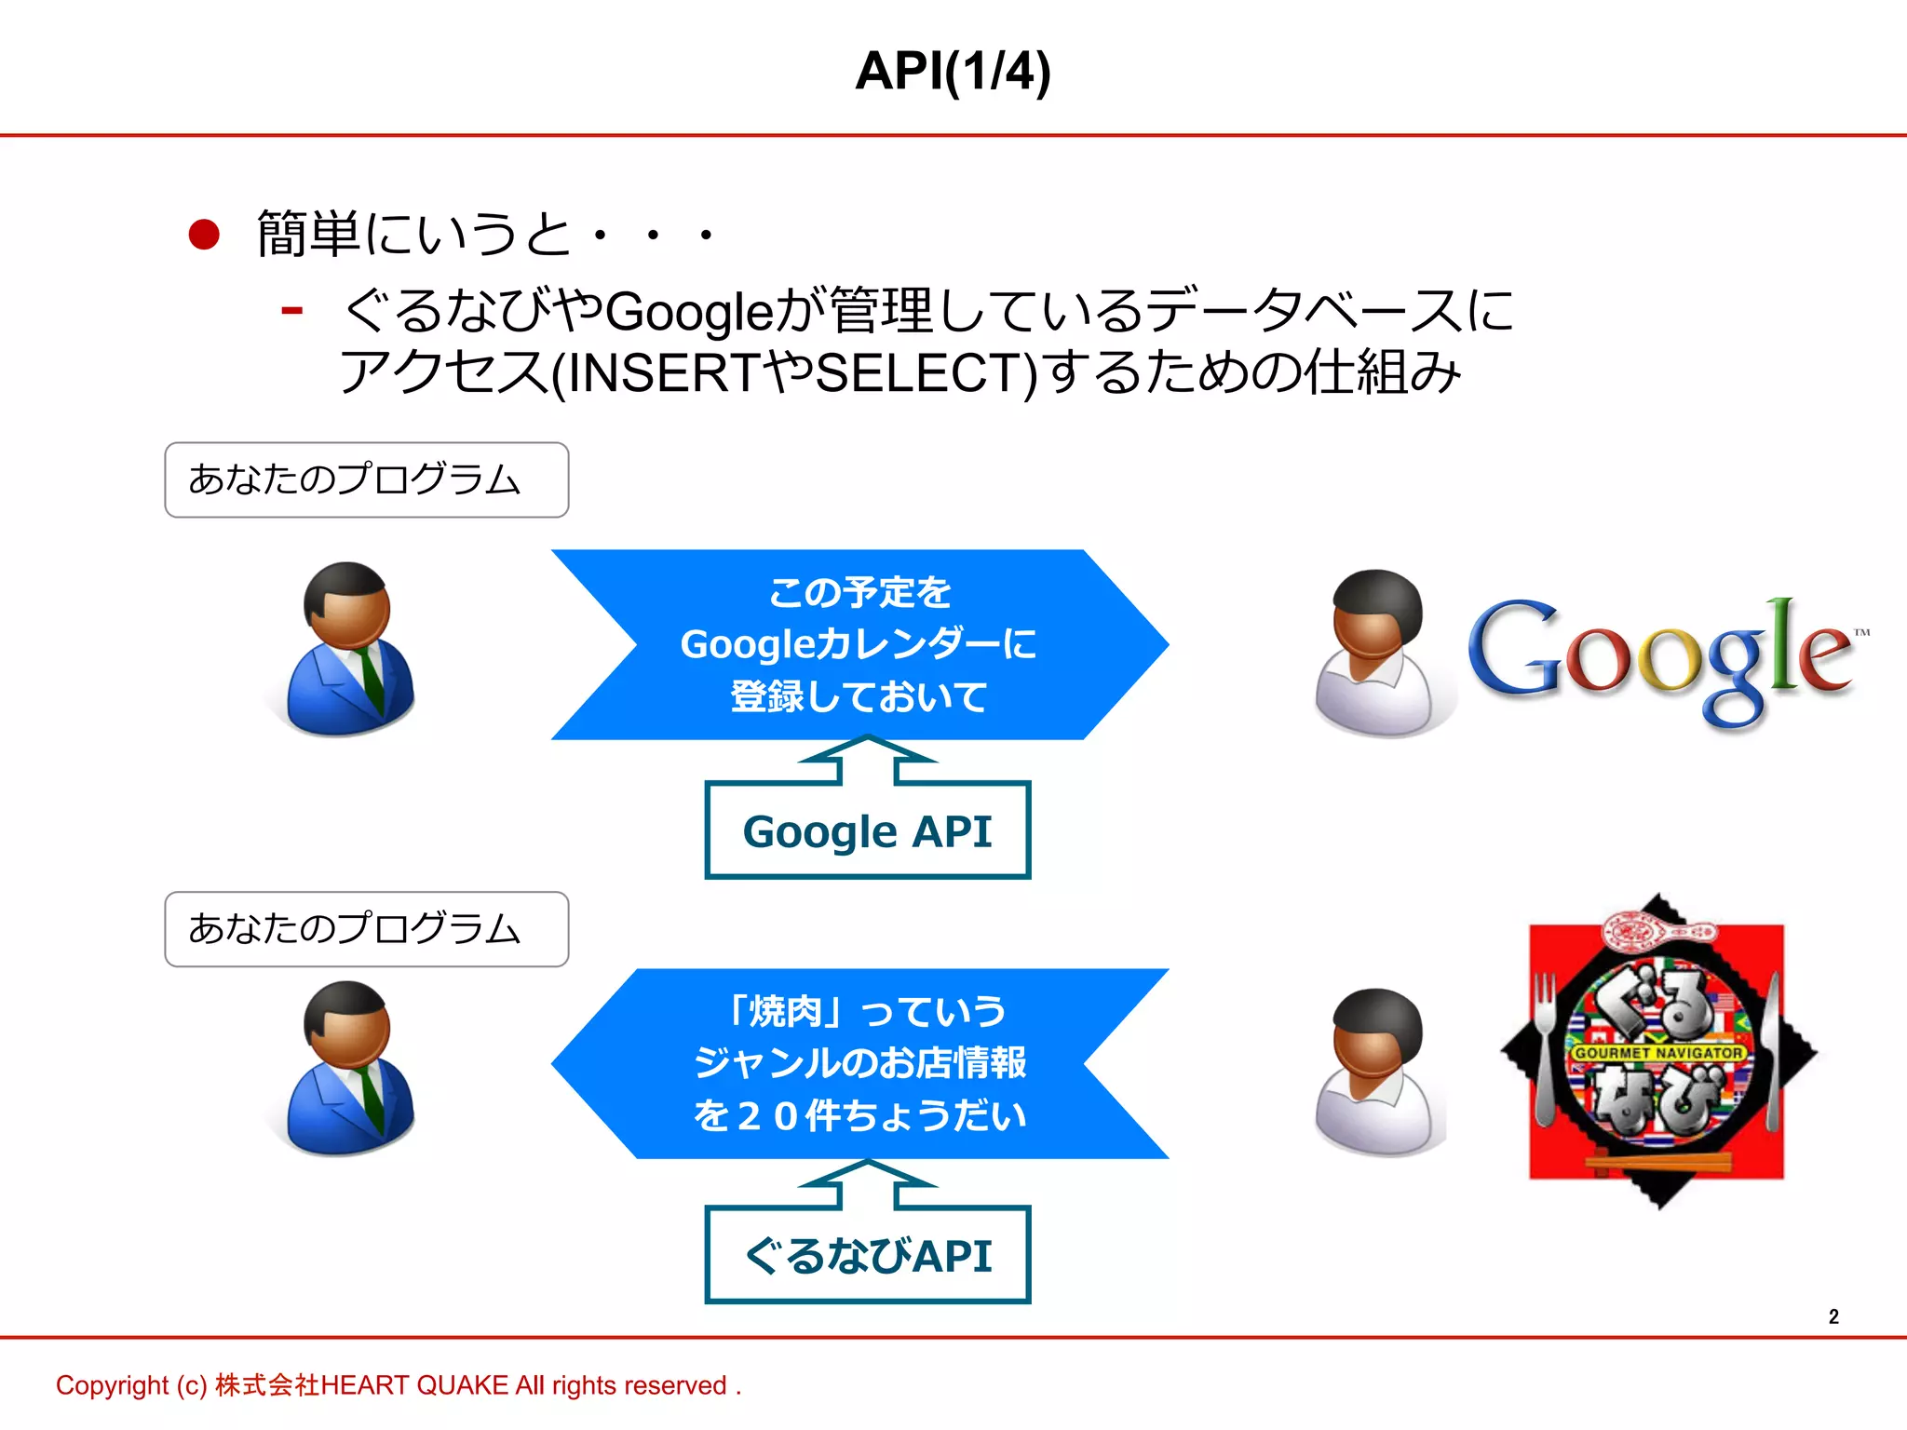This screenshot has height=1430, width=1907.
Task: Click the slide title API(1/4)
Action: point(953,72)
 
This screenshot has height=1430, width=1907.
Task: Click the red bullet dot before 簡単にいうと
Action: point(204,235)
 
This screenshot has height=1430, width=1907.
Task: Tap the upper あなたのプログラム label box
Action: point(366,479)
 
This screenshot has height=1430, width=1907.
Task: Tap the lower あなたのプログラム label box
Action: point(366,929)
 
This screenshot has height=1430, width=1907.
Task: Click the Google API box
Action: point(867,830)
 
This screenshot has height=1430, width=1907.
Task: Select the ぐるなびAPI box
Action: point(867,1255)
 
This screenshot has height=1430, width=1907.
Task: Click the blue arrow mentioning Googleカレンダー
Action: point(859,644)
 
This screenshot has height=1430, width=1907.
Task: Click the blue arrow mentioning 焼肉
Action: point(859,1063)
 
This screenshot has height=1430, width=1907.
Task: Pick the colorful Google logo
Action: point(1662,656)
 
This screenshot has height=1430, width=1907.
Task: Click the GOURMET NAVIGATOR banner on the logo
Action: point(1658,1052)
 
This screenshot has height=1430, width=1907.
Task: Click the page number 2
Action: point(1833,1316)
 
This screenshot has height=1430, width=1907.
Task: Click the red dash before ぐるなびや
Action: point(291,310)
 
